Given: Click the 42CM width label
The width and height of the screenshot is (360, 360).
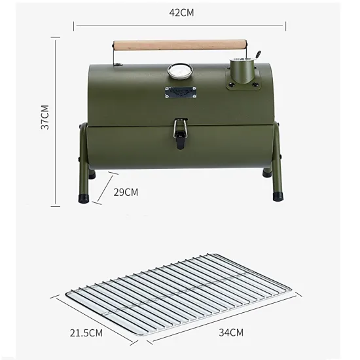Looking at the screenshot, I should (181, 12).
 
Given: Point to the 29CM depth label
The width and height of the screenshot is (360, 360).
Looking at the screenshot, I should (126, 192).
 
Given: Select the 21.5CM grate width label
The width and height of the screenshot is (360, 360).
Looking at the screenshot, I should (86, 333).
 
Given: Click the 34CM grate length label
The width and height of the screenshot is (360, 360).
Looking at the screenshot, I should (231, 332).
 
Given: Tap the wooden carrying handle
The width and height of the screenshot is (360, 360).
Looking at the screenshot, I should (181, 45).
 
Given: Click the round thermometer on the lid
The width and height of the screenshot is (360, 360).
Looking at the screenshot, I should (179, 71).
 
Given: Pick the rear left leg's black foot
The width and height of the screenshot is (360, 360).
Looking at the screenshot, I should (92, 175).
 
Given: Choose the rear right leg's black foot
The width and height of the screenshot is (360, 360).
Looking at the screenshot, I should (267, 173).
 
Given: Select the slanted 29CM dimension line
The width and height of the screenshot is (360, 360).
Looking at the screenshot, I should (106, 188).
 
